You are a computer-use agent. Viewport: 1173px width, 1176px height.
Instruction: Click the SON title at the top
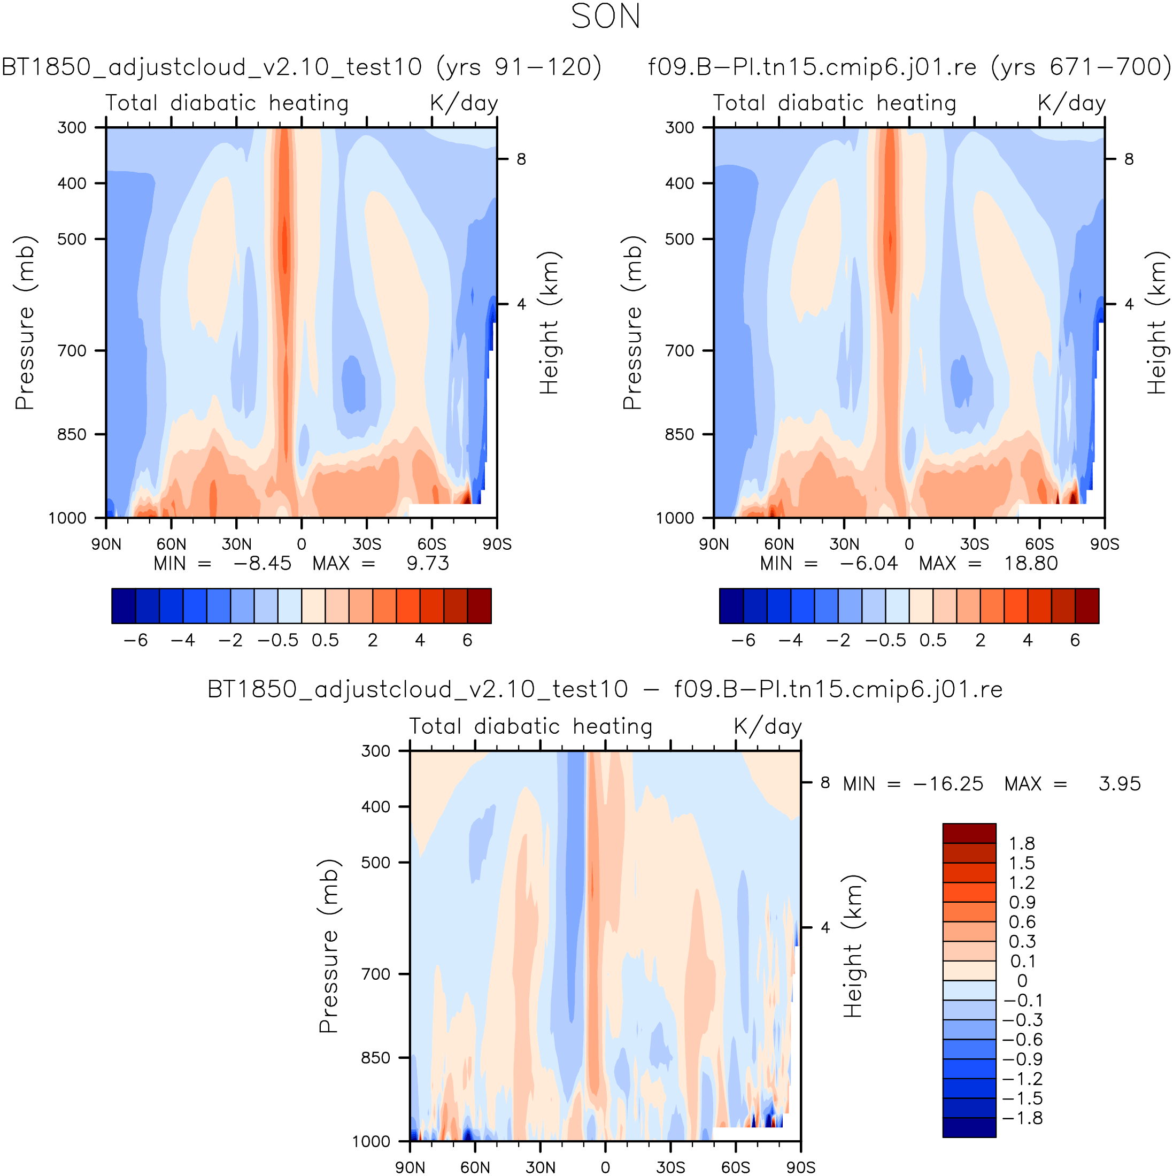point(605,17)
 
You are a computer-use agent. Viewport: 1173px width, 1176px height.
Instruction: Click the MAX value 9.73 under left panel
point(428,563)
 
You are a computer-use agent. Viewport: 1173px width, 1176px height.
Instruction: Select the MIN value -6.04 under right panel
point(868,563)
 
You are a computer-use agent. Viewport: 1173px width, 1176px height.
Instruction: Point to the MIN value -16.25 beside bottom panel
point(948,784)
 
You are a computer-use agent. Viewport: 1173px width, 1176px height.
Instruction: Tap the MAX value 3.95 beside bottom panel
point(1120,784)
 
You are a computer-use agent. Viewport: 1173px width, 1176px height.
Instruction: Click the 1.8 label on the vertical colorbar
point(1022,844)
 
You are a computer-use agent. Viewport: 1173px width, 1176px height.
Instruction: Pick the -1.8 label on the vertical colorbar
point(1022,1118)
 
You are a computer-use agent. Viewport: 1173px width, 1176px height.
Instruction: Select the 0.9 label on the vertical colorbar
point(1022,903)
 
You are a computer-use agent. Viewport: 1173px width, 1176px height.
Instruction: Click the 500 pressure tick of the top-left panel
point(72,239)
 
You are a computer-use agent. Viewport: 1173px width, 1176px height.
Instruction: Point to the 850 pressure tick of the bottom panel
point(376,1058)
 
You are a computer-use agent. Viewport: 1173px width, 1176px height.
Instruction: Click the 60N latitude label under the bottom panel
point(475,1167)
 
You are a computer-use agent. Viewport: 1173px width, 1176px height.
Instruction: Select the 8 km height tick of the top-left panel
point(521,159)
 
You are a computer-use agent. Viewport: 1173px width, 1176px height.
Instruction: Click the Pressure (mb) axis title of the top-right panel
point(632,322)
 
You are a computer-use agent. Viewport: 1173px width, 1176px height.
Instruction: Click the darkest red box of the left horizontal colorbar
point(480,606)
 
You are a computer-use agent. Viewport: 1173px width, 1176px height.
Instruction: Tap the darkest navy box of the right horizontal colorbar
point(731,606)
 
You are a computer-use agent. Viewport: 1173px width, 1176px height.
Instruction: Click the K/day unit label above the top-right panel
point(1071,103)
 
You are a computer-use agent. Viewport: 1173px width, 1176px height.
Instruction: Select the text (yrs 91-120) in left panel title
point(519,67)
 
